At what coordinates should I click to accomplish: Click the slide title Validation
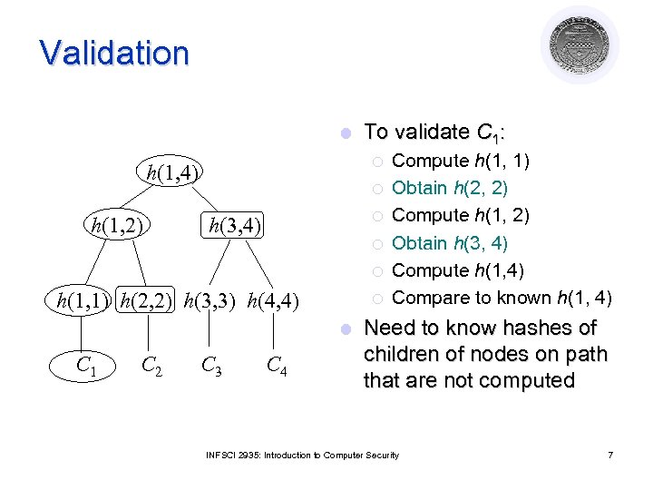(x=114, y=53)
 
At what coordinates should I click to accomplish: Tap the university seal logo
(x=580, y=44)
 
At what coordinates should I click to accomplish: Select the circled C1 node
(x=87, y=366)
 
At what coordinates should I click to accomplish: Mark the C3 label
(x=212, y=366)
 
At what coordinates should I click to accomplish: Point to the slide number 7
(x=610, y=454)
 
